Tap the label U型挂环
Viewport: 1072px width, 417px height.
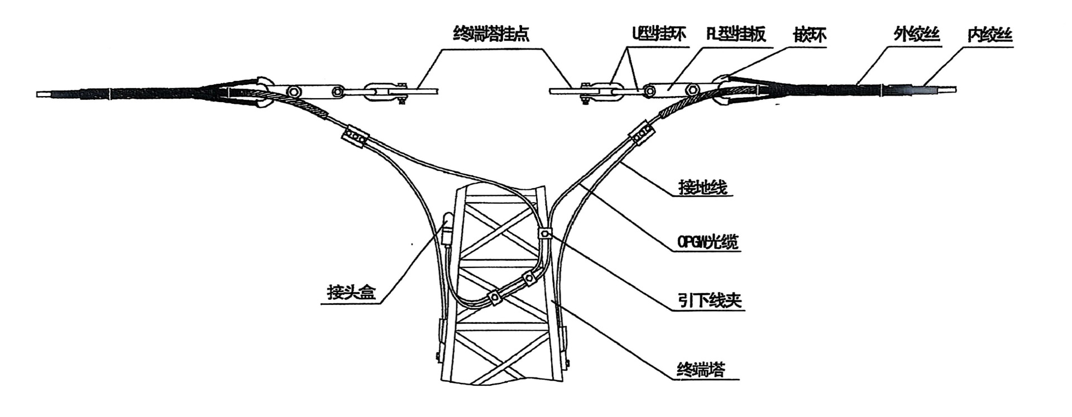tap(658, 35)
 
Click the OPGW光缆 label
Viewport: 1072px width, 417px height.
tap(707, 243)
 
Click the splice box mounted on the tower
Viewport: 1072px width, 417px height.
tap(447, 228)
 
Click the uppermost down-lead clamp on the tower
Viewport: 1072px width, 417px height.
tap(545, 233)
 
